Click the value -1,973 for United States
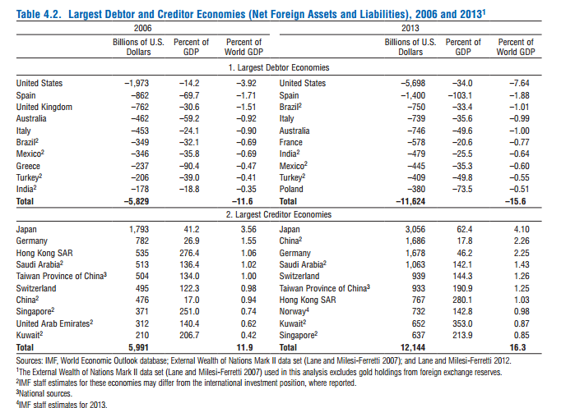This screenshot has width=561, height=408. pos(137,83)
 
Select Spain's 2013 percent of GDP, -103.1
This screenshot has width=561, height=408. pos(460,95)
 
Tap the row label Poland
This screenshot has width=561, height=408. pos(291,189)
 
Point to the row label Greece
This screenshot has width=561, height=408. pos(28,166)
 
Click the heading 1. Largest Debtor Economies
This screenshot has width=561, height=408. pos(279,67)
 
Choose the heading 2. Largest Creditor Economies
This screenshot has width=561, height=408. pos(279,214)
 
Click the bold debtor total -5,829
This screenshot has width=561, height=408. pos(137,201)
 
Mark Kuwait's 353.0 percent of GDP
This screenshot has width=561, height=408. pos(462,323)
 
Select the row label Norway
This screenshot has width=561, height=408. pos(294,311)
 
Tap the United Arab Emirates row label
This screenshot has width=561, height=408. pos(54,323)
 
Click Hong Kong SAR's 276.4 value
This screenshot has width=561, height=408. pos(189,253)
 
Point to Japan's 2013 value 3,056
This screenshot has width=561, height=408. pos(415,229)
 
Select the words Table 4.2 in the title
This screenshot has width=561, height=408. pos(39,14)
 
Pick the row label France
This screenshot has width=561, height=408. pos(290,142)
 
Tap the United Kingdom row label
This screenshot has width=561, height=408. pos(44,107)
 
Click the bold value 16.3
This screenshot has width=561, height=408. pos(517,347)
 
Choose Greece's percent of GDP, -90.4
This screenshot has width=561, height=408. pos(189,166)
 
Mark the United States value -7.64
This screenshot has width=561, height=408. pos(519,83)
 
